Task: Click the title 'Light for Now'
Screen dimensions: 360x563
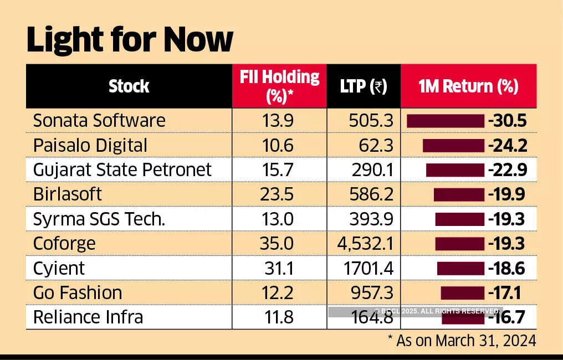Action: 130,39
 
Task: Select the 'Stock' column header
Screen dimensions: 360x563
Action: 129,86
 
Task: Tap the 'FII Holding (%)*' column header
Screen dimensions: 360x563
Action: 279,86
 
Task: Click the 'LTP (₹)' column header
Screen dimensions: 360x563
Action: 364,86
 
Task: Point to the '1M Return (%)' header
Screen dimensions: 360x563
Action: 468,86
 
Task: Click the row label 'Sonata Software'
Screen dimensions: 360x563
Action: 99,121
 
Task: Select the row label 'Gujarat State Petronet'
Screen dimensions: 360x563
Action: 122,169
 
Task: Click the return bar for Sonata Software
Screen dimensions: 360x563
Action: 446,121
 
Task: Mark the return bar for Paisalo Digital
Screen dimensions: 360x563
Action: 453,146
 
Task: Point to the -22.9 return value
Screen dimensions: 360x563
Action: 506,170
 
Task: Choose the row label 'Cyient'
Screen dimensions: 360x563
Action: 59,268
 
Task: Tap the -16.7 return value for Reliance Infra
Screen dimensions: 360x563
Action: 506,318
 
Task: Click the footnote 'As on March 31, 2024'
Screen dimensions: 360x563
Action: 466,340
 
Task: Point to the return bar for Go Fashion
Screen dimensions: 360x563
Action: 463,292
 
